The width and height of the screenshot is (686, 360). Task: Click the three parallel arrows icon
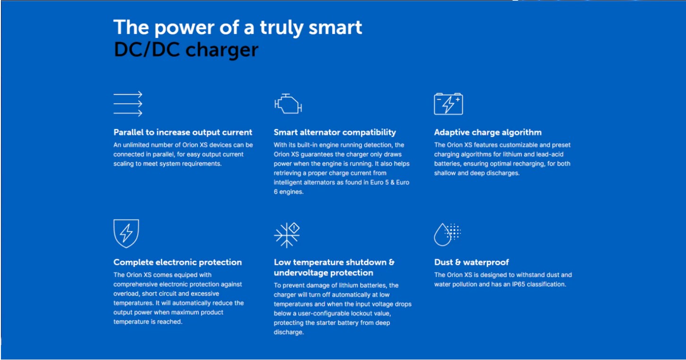pos(128,104)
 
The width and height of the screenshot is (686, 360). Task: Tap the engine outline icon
pos(288,104)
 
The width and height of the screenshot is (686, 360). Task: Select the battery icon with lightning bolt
pos(449,104)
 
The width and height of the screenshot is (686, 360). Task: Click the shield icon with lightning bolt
pos(126,234)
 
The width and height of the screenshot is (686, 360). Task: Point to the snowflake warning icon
pos(287,235)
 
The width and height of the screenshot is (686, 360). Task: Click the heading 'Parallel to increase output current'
pos(183,132)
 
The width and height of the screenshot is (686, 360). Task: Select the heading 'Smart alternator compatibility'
pos(335,132)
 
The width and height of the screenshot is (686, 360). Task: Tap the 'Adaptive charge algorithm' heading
pos(488,132)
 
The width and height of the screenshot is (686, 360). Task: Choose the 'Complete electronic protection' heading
pos(177,262)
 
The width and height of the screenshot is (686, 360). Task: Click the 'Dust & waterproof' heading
pos(472,262)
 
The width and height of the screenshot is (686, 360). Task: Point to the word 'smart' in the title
pos(335,27)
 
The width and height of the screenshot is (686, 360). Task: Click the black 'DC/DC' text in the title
pos(147,50)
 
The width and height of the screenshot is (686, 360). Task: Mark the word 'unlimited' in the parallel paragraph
pos(136,145)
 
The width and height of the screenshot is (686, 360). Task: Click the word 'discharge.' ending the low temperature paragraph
pos(289,332)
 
